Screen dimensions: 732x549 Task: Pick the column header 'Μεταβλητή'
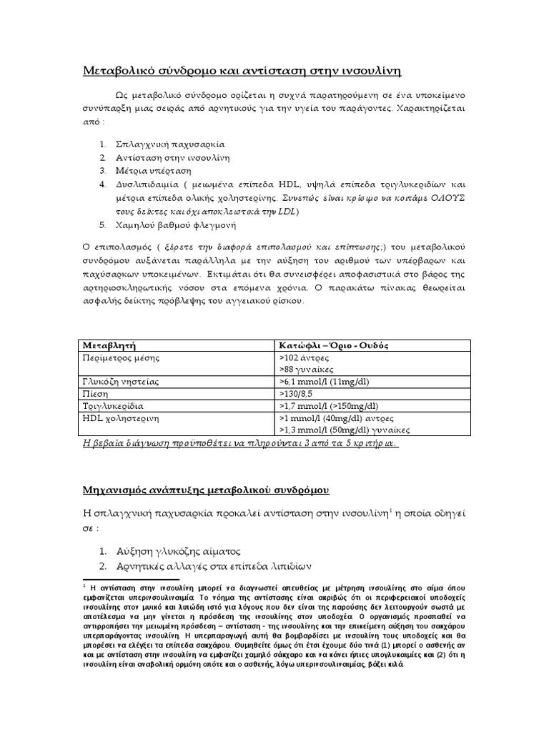pyautogui.click(x=110, y=345)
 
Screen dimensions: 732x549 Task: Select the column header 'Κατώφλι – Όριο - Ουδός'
pyautogui.click(x=332, y=345)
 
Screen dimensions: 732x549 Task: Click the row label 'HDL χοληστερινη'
pyautogui.click(x=120, y=417)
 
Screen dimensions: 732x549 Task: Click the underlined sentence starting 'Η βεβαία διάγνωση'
pyautogui.click(x=241, y=443)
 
